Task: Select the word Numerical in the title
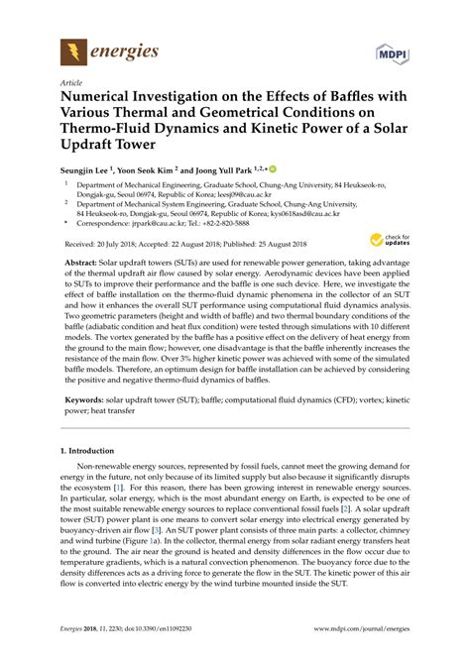[105, 99]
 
